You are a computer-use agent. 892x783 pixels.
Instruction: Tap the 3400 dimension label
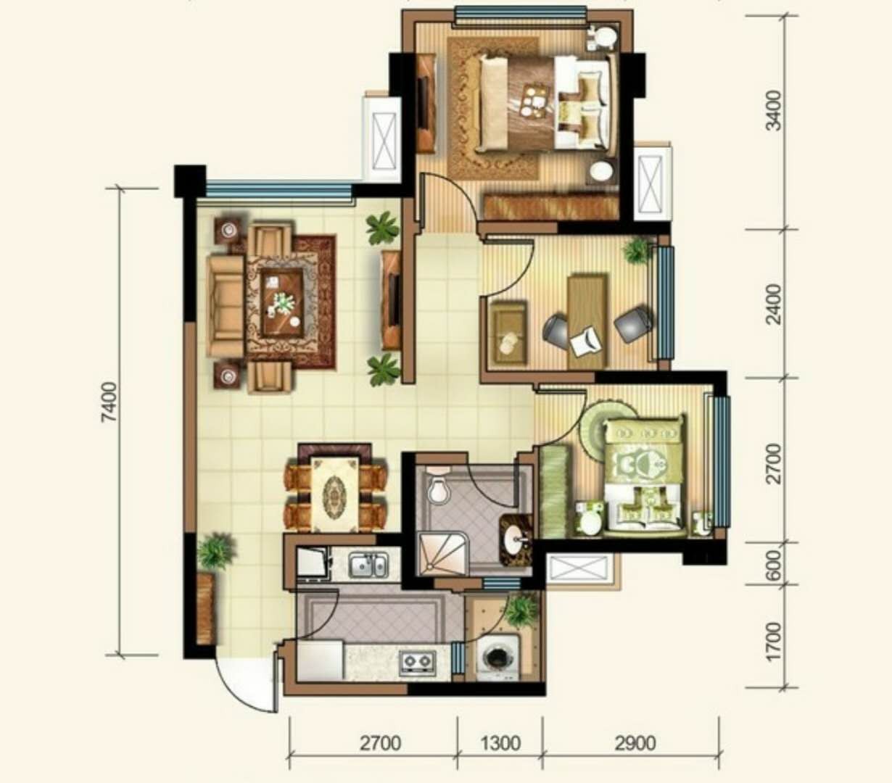774,111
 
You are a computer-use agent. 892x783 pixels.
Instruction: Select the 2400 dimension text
774,304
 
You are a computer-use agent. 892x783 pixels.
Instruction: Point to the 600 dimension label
774,565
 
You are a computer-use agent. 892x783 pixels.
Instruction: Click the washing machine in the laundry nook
499,658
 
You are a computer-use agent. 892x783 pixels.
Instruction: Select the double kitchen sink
368,565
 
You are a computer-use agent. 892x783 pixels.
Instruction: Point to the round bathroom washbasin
516,538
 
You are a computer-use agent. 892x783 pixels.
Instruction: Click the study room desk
587,321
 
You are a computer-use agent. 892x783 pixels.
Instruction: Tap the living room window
279,191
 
